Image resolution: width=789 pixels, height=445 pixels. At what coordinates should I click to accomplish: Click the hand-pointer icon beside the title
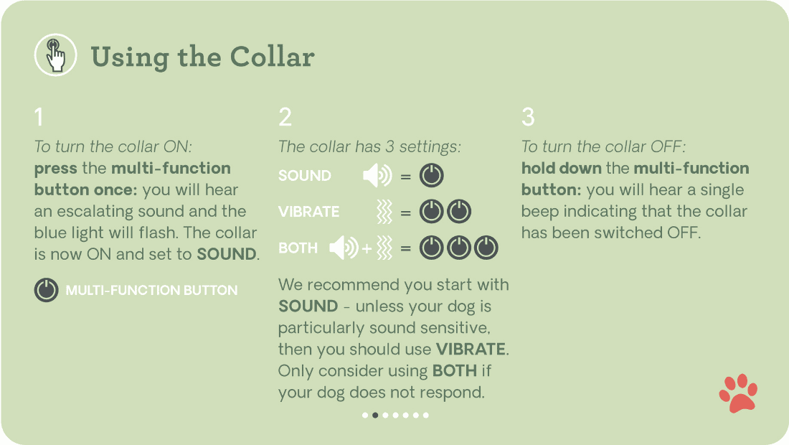tap(55, 55)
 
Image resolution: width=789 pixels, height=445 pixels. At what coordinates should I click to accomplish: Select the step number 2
tap(285, 117)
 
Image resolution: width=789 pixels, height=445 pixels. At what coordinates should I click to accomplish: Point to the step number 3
tap(528, 117)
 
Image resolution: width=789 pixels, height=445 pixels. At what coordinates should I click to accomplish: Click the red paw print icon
tap(738, 393)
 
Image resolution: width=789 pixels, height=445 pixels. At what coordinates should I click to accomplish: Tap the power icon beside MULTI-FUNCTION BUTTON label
tap(46, 291)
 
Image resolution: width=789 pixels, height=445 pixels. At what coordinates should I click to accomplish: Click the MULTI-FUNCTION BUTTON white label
tap(151, 291)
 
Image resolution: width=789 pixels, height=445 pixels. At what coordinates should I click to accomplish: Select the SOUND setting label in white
tap(305, 176)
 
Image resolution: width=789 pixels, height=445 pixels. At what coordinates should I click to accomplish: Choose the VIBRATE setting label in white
tap(308, 212)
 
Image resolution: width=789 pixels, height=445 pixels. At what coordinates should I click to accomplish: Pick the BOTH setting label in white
tap(298, 248)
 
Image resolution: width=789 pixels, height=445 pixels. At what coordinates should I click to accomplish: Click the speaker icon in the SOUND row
tap(377, 176)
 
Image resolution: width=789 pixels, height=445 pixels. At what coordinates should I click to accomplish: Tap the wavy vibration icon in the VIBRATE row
tap(384, 212)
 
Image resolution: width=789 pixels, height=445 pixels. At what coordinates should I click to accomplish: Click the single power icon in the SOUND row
tap(432, 176)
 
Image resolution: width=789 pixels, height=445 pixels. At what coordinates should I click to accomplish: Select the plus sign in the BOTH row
tap(367, 249)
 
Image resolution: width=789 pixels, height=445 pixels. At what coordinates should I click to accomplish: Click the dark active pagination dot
tap(375, 415)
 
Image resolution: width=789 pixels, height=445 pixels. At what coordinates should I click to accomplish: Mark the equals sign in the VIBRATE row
tap(406, 212)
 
